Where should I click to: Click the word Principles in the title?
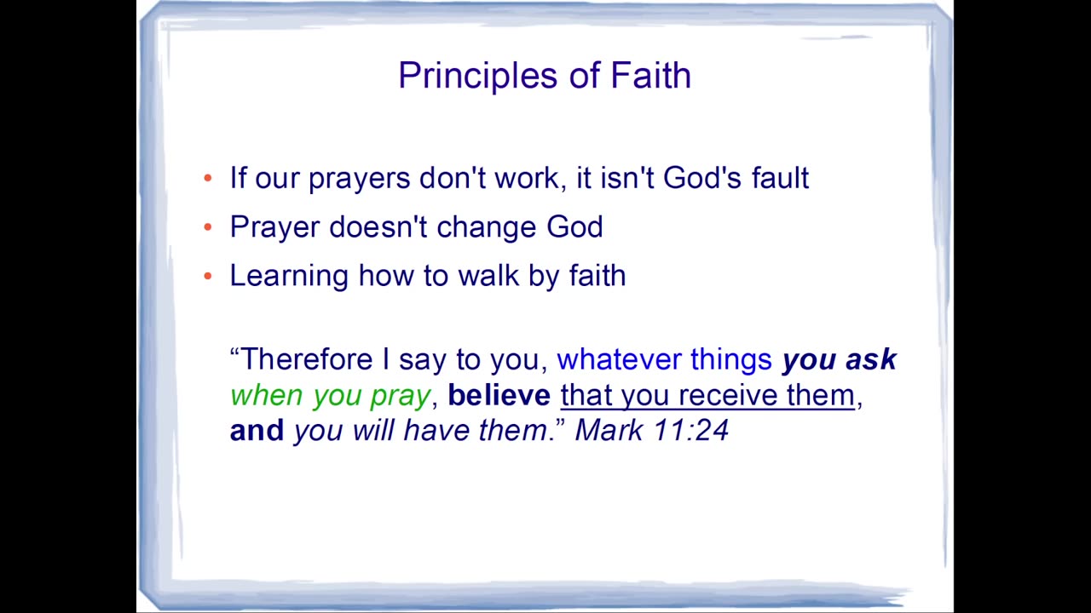(478, 77)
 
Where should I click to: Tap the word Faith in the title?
(650, 76)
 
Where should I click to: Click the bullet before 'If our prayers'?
(208, 178)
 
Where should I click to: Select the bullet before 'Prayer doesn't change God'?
(208, 226)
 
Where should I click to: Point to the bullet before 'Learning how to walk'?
(208, 276)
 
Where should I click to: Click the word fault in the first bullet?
(780, 177)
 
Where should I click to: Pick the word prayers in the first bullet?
(360, 180)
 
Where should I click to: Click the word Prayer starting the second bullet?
(274, 228)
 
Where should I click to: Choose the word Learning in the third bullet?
(289, 277)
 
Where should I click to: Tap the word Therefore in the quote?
(307, 359)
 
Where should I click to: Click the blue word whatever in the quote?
(619, 360)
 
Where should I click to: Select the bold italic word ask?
(871, 359)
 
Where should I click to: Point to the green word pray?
(401, 397)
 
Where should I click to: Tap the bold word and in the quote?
(257, 430)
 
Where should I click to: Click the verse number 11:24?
(690, 430)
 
